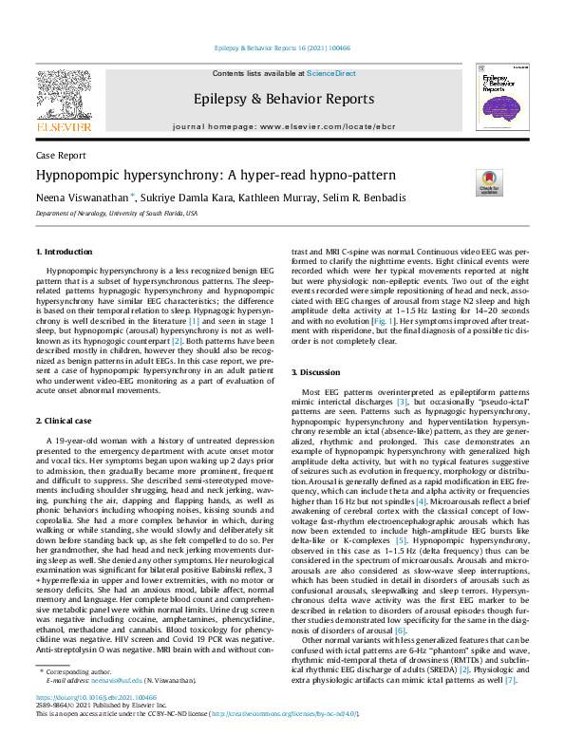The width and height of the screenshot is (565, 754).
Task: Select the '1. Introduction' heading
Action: click(65, 252)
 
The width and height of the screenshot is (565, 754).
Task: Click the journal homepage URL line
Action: click(283, 126)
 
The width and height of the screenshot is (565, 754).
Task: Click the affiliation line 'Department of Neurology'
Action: click(117, 214)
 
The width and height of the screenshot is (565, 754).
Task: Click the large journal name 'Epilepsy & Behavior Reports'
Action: click(283, 99)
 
